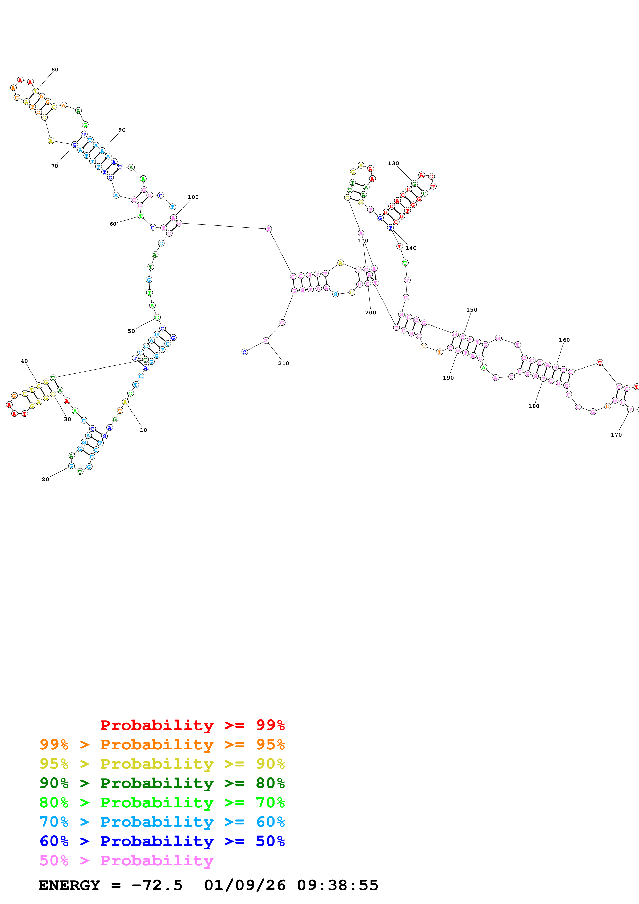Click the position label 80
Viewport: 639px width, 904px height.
pos(55,70)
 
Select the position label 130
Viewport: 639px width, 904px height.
pos(393,163)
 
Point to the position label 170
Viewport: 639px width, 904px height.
pos(616,435)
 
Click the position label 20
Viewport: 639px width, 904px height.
pos(45,479)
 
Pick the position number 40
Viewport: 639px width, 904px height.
pos(24,361)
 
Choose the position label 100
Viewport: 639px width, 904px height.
pos(193,197)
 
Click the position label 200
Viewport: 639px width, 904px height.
pos(370,313)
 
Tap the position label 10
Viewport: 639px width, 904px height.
pos(143,430)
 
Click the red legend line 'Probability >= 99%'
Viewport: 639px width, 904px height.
pos(192,725)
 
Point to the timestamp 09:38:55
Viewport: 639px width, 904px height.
pos(337,885)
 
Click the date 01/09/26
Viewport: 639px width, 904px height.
pos(245,885)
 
